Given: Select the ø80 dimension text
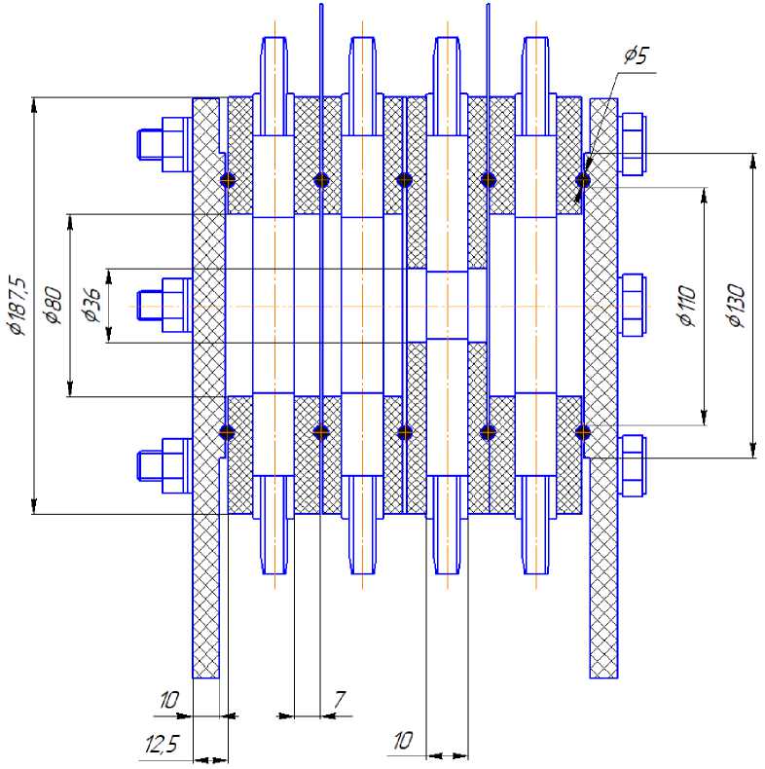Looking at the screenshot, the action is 54,305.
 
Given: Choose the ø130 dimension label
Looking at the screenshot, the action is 737,305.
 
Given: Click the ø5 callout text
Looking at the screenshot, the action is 637,55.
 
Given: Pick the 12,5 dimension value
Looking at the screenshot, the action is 162,745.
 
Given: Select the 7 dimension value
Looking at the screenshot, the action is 340,700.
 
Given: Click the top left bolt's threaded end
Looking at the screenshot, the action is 149,144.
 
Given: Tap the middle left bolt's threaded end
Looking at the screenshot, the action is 149,305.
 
